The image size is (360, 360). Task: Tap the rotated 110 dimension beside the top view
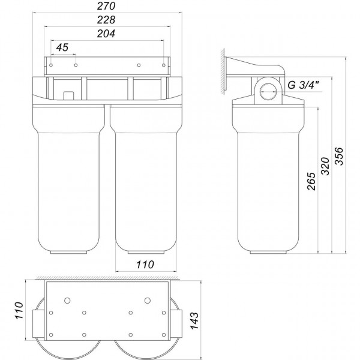19,314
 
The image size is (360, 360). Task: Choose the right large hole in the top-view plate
147,300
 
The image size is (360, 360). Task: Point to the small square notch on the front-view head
68,95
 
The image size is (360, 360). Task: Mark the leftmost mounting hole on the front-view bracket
52,65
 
